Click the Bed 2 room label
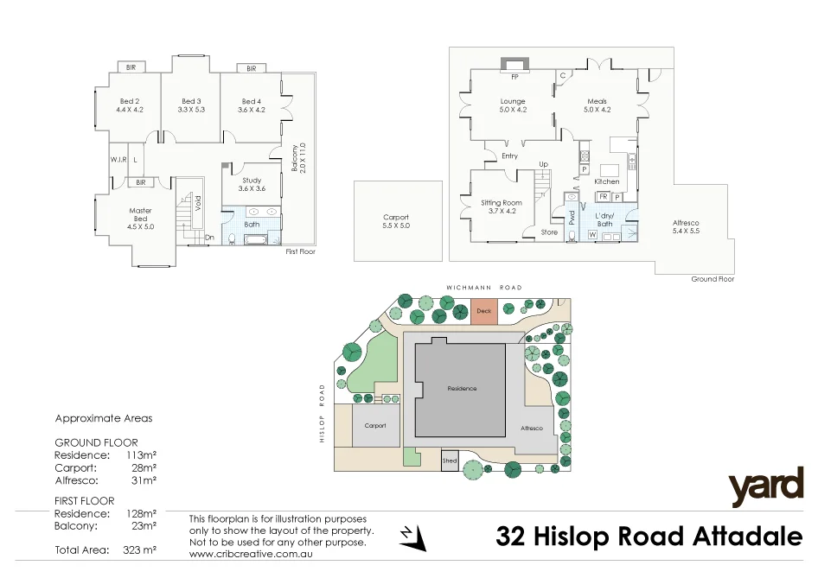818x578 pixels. point(131,101)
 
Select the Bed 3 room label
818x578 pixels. point(191,101)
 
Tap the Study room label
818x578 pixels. point(251,179)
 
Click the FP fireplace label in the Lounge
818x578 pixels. point(514,77)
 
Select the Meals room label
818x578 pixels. point(597,101)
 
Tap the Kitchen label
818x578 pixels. point(606,182)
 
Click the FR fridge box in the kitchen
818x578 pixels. point(603,197)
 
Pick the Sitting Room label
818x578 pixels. point(502,202)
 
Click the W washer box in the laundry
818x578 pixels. point(592,234)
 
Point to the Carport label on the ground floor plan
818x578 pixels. point(396,218)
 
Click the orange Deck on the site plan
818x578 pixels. point(483,311)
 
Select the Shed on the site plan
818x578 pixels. point(450,460)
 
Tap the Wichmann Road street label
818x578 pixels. point(483,287)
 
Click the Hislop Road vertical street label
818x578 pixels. point(321,413)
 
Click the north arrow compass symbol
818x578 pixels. point(413,537)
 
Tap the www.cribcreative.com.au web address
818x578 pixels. point(250,553)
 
